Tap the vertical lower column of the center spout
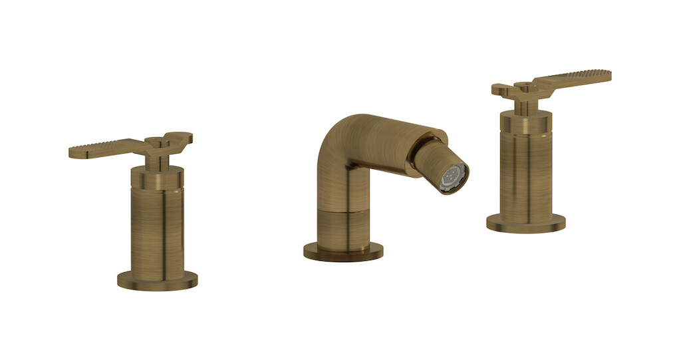(x=343, y=226)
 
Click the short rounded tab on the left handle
(x=181, y=138)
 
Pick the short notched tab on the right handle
(x=503, y=89)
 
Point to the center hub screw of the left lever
(x=154, y=141)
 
